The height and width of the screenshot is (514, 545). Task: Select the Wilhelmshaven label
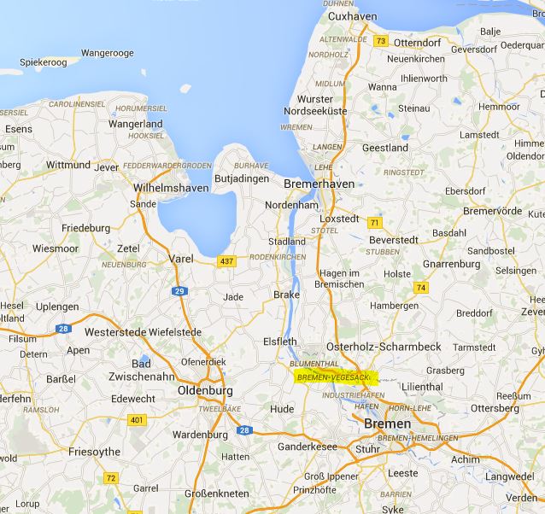tap(170, 187)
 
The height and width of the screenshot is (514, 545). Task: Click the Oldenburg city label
tap(204, 391)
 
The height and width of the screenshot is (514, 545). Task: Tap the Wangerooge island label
tap(108, 53)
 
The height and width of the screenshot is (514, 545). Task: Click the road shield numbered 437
tap(226, 261)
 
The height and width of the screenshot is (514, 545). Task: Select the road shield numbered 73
tap(381, 41)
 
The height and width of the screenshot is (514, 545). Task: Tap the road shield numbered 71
tap(374, 223)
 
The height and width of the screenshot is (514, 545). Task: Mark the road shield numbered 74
tap(420, 288)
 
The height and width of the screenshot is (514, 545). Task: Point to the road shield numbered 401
tap(137, 420)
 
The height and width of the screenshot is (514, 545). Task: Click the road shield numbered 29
tap(179, 292)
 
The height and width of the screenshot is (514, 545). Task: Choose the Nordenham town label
tap(291, 206)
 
